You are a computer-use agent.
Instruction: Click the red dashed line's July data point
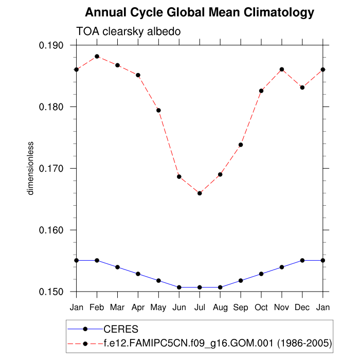200,193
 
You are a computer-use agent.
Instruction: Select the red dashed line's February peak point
97,57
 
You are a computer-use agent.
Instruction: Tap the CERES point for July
200,287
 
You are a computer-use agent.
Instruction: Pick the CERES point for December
302,260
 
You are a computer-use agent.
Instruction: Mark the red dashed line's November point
282,69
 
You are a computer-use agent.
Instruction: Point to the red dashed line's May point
158,110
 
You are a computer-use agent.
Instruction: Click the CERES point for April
138,274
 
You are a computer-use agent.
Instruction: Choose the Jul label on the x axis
200,308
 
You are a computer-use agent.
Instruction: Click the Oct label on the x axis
261,308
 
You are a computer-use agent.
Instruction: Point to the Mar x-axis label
117,308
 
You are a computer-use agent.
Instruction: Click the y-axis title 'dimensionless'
30,168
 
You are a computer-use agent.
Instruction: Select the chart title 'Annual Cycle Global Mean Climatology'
200,12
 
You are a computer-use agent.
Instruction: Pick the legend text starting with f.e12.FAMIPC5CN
218,342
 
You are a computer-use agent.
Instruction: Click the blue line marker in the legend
86,329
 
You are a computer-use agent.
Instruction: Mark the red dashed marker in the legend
86,342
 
